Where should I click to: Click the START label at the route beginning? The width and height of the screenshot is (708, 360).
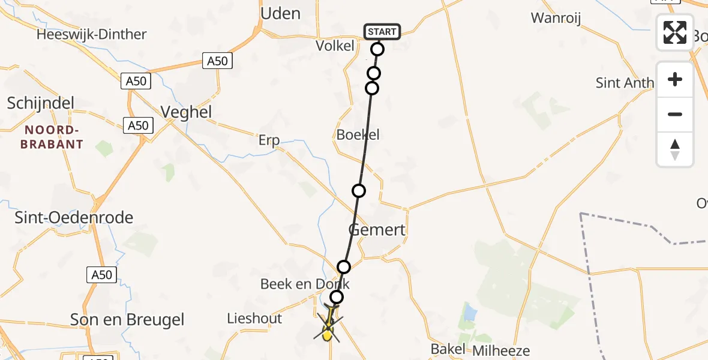[x=382, y=31]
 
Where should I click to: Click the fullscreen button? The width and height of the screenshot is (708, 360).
[x=675, y=32]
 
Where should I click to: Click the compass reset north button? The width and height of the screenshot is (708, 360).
[x=675, y=149]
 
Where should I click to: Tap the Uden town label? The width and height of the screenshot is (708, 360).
[x=281, y=13]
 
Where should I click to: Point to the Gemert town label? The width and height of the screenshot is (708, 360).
[x=377, y=230]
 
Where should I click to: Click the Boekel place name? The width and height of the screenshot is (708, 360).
[x=358, y=135]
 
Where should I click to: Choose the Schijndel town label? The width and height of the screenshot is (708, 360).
[x=41, y=103]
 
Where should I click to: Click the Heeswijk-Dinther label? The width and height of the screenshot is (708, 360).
[x=91, y=34]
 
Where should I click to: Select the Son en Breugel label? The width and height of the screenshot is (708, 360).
[x=127, y=320]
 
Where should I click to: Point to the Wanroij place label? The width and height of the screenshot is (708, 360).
[x=556, y=18]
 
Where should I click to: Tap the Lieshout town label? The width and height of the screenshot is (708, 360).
[x=254, y=319]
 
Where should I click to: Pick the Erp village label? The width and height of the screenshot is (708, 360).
[x=269, y=140]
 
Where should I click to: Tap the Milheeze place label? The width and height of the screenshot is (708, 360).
[x=502, y=350]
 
